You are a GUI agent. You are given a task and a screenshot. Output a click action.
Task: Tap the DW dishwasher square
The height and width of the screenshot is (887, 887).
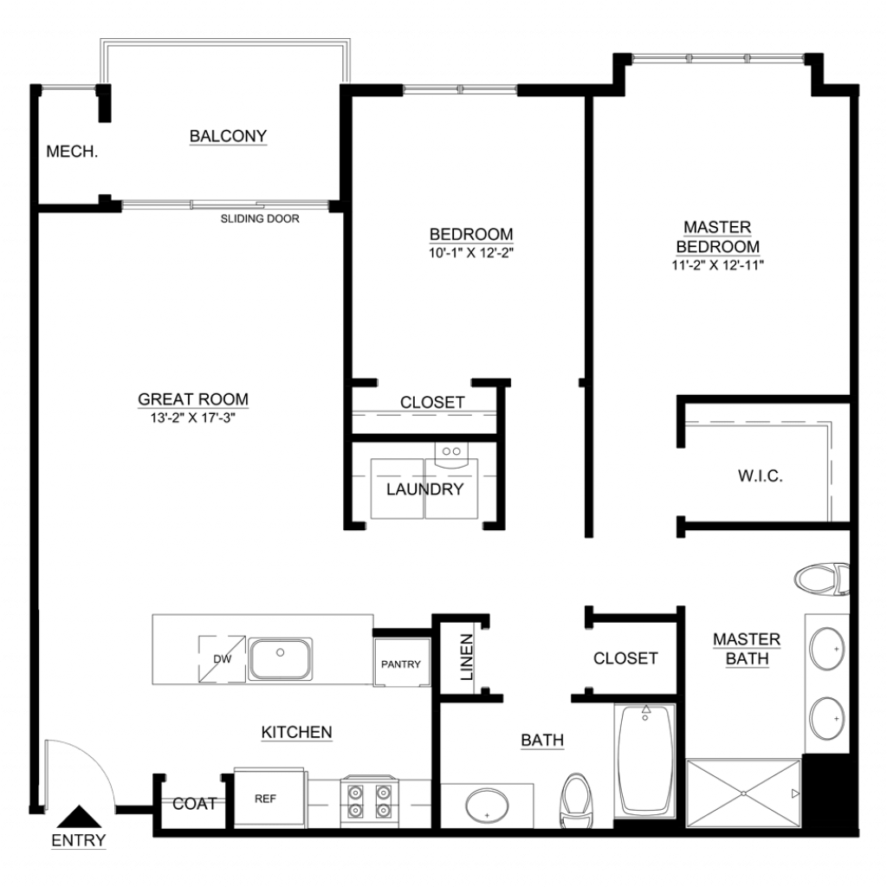[x=222, y=658]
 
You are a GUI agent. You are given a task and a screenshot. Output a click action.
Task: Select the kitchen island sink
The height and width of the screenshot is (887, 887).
[x=280, y=658]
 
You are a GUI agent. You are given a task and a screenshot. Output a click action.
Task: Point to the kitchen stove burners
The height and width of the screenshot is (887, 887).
[x=369, y=800]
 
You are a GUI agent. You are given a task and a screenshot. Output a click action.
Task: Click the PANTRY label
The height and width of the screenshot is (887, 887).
[x=400, y=664]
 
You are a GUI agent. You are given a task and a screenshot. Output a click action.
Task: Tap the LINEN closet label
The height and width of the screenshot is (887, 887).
[x=466, y=657]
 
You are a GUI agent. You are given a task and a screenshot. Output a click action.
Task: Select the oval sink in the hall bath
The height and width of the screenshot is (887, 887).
[x=487, y=806]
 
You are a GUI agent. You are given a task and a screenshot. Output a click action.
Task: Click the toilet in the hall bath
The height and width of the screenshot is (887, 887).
[x=576, y=801]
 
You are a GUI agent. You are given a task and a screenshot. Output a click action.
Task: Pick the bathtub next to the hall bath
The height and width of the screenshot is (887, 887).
[x=645, y=761]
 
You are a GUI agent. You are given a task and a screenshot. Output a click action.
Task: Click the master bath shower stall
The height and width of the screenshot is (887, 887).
[x=743, y=793]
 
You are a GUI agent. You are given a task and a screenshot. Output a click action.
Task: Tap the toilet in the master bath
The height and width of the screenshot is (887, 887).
[x=822, y=579]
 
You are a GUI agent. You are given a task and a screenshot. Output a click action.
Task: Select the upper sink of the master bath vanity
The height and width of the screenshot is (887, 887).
[x=827, y=648]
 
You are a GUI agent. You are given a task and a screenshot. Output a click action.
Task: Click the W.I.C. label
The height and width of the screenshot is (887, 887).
[x=761, y=476]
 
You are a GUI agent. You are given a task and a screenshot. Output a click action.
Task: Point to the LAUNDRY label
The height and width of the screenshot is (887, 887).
[x=424, y=489]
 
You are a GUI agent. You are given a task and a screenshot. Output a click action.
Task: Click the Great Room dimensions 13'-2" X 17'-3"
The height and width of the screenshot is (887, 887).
[x=193, y=418]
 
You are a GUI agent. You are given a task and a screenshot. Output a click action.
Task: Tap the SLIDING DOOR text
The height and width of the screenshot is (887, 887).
[x=260, y=219]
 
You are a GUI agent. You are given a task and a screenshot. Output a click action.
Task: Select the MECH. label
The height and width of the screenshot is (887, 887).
[x=72, y=152]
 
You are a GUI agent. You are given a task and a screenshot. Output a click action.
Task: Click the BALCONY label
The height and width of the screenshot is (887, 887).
[x=228, y=136]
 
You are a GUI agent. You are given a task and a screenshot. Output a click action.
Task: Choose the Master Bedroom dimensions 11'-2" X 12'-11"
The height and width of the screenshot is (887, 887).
[x=718, y=265]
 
